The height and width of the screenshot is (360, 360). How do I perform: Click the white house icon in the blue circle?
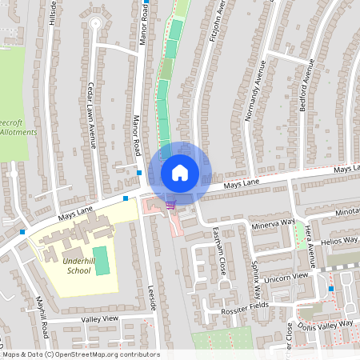(x=180, y=172)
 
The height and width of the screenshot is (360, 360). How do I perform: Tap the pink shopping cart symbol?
(x=170, y=205)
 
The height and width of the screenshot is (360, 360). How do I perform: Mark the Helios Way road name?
(x=337, y=240)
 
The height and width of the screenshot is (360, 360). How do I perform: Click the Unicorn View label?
(x=290, y=277)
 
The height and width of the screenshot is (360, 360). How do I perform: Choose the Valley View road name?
(x=99, y=318)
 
